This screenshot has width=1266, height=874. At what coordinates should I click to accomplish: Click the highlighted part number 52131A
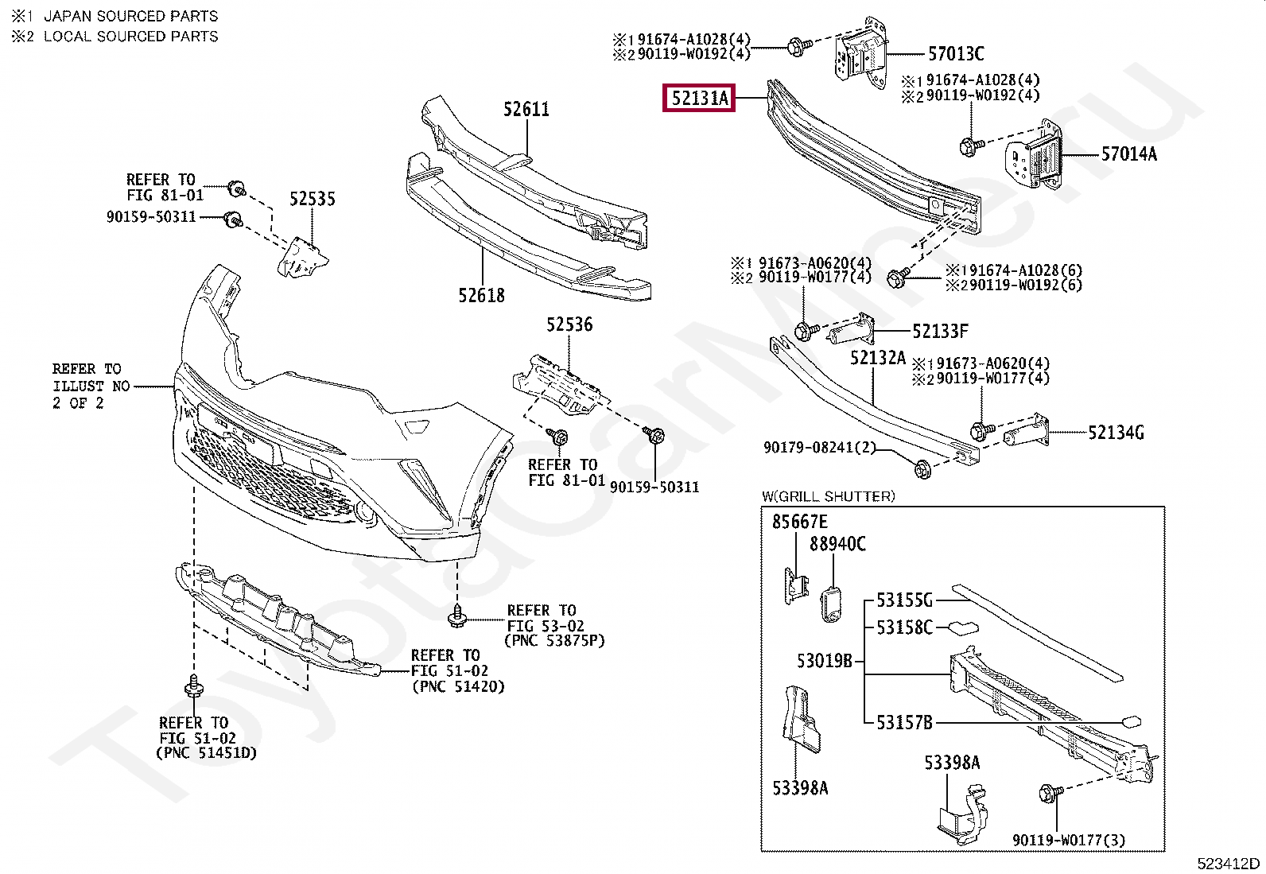[x=699, y=99]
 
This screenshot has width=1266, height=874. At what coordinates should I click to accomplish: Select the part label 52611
[x=526, y=109]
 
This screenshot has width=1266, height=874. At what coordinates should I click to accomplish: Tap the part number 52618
[x=481, y=296]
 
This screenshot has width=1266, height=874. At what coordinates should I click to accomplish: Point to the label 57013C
[x=956, y=54]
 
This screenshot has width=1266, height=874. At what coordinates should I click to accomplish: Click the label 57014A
[x=1128, y=154]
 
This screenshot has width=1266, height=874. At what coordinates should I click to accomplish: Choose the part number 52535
[x=312, y=199]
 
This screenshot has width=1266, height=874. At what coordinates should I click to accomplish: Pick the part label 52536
[x=569, y=324]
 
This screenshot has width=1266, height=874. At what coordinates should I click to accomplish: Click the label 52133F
[x=940, y=331]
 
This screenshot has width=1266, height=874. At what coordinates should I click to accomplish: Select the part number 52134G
[x=1116, y=433]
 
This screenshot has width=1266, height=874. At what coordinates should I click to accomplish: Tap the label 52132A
[x=878, y=358]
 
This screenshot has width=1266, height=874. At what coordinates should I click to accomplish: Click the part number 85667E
[x=799, y=522]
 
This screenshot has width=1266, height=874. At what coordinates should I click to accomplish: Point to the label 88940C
[x=837, y=545]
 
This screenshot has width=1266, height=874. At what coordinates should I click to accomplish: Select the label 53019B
[x=825, y=660]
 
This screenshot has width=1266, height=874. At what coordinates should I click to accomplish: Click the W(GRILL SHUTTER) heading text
[x=828, y=497]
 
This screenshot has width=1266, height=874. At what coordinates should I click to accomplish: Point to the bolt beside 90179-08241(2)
[x=922, y=469]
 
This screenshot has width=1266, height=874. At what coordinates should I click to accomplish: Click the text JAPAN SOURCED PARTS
[x=130, y=16]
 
